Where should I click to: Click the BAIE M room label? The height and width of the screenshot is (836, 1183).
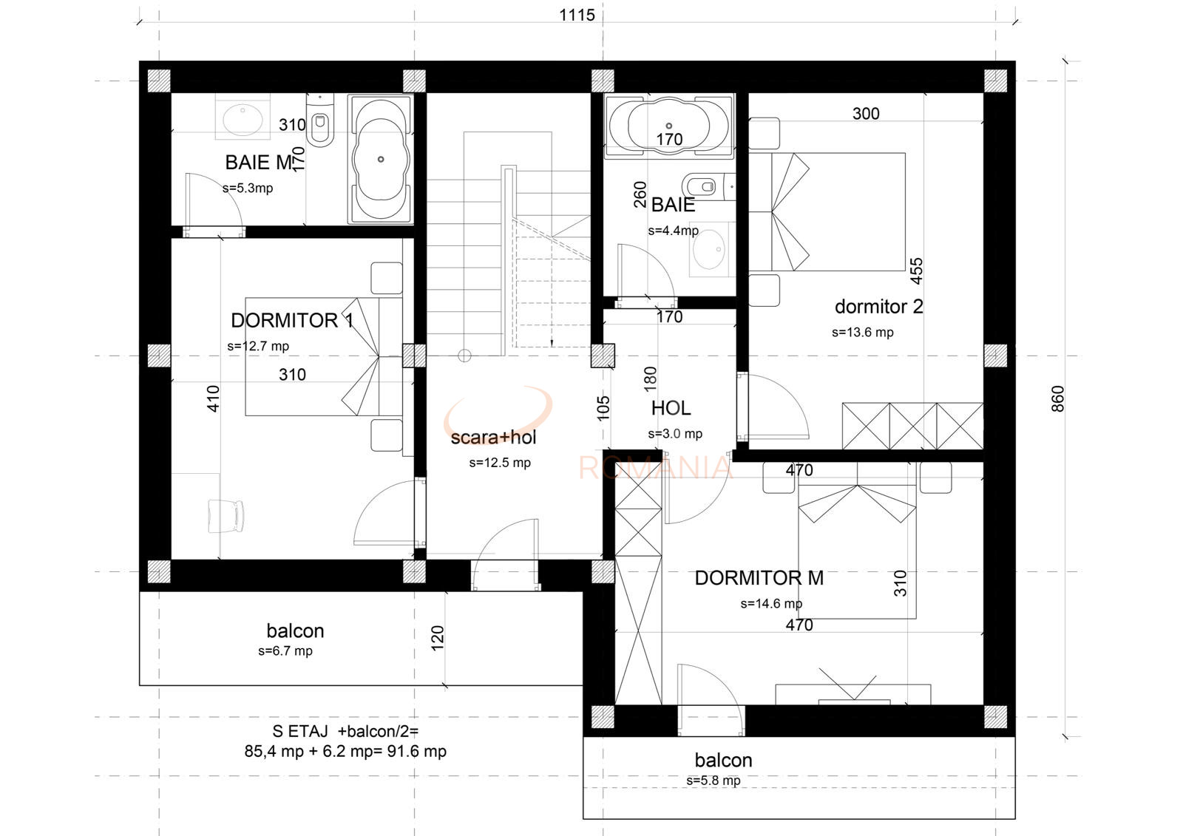259,163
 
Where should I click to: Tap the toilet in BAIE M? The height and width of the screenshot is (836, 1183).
320,120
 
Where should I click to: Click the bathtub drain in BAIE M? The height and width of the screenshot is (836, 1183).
381,159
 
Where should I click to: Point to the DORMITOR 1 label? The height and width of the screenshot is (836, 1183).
292,321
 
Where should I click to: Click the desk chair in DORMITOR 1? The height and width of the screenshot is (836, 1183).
226,516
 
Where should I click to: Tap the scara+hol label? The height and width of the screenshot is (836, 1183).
493,438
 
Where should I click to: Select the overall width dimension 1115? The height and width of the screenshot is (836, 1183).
577,15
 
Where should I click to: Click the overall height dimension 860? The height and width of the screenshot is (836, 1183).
1058,398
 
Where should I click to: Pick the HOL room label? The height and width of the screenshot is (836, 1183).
671,408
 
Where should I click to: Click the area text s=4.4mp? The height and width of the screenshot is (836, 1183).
674,231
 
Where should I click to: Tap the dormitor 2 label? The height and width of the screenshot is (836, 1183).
879,307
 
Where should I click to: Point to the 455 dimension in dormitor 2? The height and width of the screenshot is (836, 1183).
916,271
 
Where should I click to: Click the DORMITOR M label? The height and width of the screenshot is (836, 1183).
759,578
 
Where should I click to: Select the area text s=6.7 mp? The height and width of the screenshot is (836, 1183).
285,651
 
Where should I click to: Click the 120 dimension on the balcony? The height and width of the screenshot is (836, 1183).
438,638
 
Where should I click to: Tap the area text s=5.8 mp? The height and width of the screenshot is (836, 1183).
713,781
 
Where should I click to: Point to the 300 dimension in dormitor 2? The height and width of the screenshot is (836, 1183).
866,114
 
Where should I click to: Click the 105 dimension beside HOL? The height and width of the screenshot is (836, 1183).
603,408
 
